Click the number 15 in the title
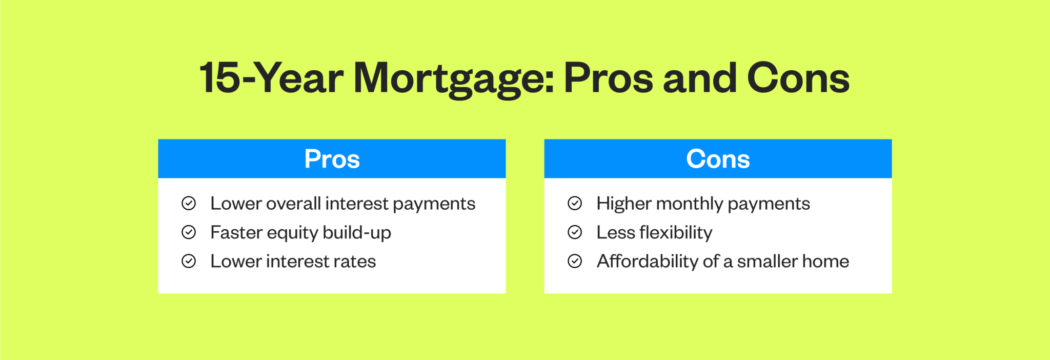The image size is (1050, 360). (219, 78)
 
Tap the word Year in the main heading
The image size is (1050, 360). (300, 78)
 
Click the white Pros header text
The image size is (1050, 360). (332, 159)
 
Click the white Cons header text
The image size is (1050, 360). (718, 159)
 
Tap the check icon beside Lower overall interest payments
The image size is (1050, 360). (189, 204)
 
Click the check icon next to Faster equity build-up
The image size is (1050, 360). (189, 232)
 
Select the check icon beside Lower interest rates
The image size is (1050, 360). (189, 261)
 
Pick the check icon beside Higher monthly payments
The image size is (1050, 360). (575, 204)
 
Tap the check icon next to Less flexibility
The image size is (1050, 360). (575, 232)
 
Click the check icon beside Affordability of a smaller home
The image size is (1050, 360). (575, 261)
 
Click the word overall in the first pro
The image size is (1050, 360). (293, 204)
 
